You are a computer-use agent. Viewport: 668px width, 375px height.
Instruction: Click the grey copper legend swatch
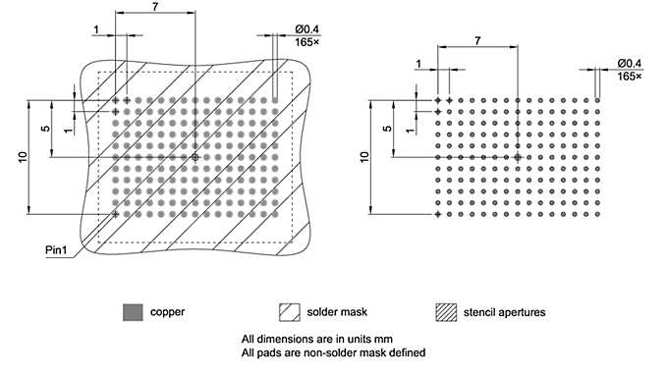(133, 312)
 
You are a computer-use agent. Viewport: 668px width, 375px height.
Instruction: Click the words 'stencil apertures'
(504, 313)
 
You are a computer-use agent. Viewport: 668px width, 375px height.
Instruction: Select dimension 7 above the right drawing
(477, 40)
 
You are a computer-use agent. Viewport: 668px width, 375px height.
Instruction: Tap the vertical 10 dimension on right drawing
(364, 156)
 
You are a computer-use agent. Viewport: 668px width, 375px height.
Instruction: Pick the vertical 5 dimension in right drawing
(387, 129)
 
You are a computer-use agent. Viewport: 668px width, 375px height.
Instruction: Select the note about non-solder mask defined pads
(333, 353)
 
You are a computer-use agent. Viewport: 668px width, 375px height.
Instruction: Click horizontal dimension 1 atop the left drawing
(96, 30)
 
